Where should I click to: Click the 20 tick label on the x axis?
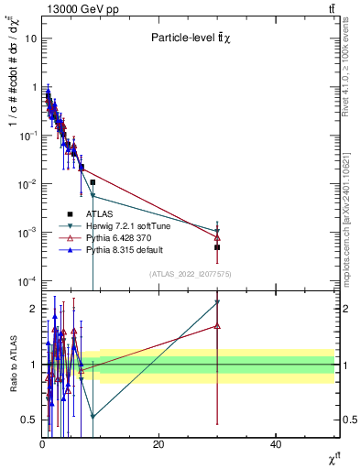tap(158, 444)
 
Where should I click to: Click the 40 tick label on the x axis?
tap(276, 444)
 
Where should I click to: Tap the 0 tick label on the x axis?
tap(42, 444)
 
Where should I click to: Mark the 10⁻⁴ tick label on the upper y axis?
tap(27, 280)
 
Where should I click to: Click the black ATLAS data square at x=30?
tap(217, 247)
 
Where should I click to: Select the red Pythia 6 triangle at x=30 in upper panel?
tap(217, 237)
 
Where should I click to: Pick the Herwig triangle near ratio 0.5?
tap(93, 416)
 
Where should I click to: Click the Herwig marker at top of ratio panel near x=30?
tap(217, 302)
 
